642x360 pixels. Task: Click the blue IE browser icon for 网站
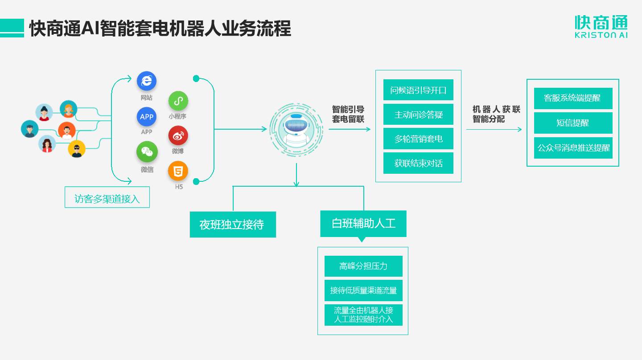point(147,81)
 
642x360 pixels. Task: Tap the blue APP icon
point(147,117)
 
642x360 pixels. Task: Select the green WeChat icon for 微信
point(147,152)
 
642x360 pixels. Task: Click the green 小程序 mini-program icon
point(178,101)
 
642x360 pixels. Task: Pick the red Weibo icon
point(178,136)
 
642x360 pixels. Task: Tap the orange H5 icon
point(178,171)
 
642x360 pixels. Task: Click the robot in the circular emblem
point(295,129)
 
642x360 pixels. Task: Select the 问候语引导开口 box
point(418,90)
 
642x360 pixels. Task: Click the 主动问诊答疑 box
point(418,115)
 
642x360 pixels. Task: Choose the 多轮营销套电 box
point(418,139)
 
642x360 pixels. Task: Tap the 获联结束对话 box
point(418,163)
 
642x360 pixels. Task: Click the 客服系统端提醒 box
point(573,98)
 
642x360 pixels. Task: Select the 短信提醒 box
point(573,123)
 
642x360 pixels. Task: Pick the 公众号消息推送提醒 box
point(573,148)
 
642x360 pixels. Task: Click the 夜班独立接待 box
point(233,225)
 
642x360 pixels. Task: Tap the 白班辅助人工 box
point(363,223)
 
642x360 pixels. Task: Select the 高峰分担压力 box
point(363,266)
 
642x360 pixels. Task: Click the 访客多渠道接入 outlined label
point(107,198)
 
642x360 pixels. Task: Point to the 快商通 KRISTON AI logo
point(601,27)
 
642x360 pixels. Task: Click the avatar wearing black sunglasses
point(77,149)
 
